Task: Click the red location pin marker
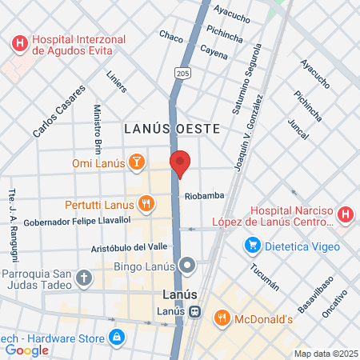click(181, 163)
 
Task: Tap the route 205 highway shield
click(183, 73)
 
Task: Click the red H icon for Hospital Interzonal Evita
click(20, 43)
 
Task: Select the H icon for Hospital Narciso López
click(345, 214)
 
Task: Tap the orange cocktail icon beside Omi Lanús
click(138, 163)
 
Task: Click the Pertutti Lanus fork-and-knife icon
click(146, 203)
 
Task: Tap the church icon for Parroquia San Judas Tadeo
click(85, 278)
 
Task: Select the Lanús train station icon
click(195, 311)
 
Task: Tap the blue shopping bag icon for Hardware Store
click(117, 337)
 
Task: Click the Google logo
click(27, 350)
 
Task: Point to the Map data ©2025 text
click(325, 354)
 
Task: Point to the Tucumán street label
click(264, 276)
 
